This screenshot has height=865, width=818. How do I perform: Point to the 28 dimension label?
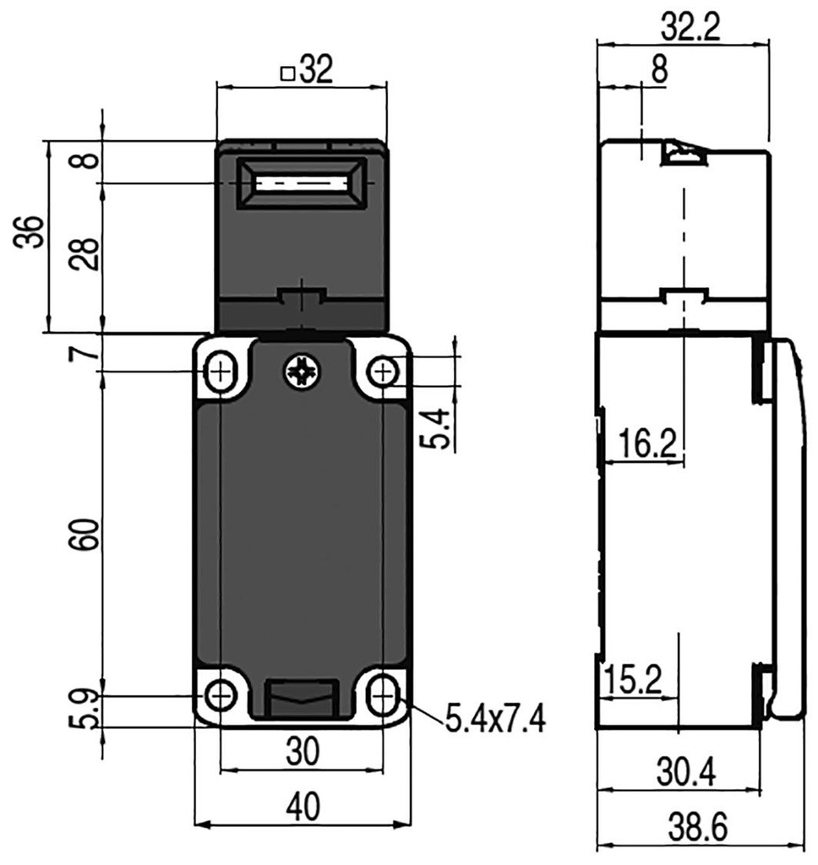(x=85, y=253)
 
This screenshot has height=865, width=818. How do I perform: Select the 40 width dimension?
(x=302, y=808)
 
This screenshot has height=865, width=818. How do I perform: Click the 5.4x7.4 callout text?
(x=495, y=721)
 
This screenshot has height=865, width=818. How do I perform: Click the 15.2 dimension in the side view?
(x=640, y=680)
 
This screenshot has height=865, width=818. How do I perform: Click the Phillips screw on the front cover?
(x=301, y=372)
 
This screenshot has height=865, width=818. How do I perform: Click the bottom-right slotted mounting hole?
(x=383, y=696)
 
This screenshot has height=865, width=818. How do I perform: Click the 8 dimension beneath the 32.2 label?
(x=659, y=72)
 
